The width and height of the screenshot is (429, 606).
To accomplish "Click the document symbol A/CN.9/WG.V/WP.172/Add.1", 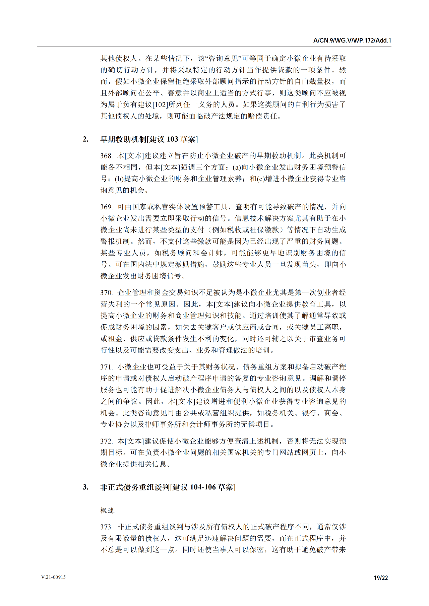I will click(352, 41).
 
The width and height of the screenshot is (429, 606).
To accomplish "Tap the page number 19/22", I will click(381, 578).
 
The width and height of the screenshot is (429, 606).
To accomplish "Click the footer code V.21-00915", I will click(54, 577).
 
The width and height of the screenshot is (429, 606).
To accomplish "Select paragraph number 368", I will click(106, 156).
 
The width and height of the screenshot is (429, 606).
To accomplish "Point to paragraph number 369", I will click(106, 207).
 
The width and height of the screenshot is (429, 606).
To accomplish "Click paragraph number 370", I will click(106, 293).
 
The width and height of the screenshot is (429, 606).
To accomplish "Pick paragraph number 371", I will click(106, 367).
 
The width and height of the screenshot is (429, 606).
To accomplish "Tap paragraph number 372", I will click(106, 441).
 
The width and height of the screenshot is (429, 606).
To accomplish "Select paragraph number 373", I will click(106, 527).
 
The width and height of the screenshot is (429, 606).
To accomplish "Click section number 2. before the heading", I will click(86, 139).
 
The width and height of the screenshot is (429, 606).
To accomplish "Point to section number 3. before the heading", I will click(86, 487).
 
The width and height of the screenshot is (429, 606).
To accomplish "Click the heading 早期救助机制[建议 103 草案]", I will click(149, 139).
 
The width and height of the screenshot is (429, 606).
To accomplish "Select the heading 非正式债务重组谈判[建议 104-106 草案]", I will click(168, 487).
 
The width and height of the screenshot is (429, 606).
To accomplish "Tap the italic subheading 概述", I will click(107, 511).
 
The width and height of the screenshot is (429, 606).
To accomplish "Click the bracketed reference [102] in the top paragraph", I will click(160, 105).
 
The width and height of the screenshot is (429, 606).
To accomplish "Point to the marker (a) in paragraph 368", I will click(237, 167).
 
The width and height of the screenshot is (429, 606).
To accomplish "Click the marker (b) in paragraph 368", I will click(119, 179).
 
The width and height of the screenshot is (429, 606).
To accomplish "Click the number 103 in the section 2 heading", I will click(173, 139).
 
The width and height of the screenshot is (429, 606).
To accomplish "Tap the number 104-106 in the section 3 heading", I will click(203, 487).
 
